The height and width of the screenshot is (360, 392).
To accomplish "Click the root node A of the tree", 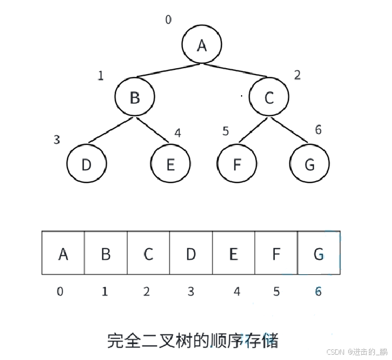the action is (x=201, y=45).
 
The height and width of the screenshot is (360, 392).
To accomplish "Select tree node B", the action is (x=134, y=97).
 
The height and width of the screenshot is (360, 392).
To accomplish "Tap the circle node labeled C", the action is (x=268, y=97).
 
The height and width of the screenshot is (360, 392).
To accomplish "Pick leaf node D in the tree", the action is (x=86, y=163).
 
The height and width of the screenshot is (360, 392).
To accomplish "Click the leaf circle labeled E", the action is (x=171, y=163).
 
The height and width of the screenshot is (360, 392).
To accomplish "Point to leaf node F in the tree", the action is (x=237, y=163).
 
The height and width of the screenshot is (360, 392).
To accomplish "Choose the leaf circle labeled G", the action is (x=309, y=163).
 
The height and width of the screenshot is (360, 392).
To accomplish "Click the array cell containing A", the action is (x=63, y=253).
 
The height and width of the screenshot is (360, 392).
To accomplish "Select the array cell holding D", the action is (x=191, y=253).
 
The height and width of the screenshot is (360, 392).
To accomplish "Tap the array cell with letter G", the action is (x=319, y=253).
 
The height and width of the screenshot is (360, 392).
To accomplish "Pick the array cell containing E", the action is (x=233, y=253).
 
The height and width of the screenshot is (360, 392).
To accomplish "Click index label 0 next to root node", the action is (x=168, y=20).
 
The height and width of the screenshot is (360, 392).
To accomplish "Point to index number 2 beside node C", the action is (x=297, y=75).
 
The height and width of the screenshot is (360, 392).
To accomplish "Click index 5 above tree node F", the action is (x=226, y=131).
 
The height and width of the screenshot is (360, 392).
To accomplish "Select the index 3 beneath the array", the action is (x=191, y=291).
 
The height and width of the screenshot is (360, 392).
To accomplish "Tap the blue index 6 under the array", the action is (x=319, y=291).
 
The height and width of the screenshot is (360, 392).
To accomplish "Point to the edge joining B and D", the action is (x=111, y=130).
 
